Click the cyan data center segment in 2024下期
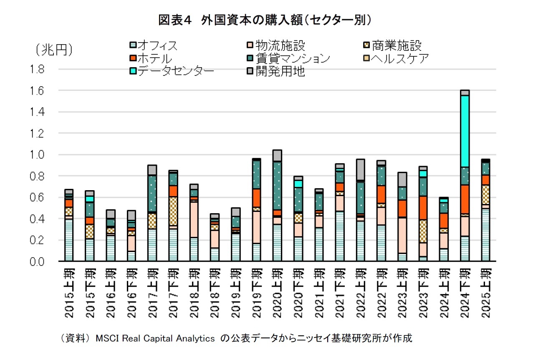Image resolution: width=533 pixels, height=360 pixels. coord(464,131)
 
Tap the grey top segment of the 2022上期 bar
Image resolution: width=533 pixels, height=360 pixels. coord(360,169)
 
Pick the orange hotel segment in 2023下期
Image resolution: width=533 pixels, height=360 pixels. coord(423,208)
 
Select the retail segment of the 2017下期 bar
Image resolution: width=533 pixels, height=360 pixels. coord(173,211)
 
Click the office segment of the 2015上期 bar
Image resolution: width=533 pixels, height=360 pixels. coord(69,240)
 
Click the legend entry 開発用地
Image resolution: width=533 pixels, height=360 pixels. coord(280,71)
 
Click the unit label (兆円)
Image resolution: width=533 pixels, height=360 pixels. coord(54,50)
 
